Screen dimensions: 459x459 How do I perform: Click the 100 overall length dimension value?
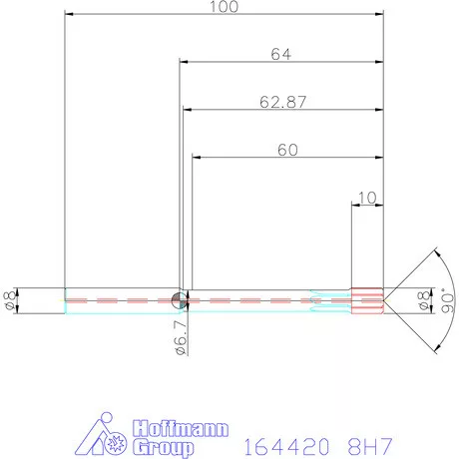(224, 6)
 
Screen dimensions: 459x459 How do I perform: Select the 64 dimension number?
(281, 54)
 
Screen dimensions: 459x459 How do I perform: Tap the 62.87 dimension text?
(282, 102)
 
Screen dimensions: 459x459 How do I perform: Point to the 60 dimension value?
(287, 150)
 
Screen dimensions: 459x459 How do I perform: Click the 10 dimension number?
(367, 198)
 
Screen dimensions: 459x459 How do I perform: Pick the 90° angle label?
(448, 302)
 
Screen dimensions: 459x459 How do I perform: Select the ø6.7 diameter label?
(181, 337)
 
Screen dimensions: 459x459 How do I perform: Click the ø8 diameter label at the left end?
(9, 301)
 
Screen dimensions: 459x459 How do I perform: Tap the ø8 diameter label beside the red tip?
(424, 300)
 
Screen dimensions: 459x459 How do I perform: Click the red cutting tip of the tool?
(368, 300)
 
